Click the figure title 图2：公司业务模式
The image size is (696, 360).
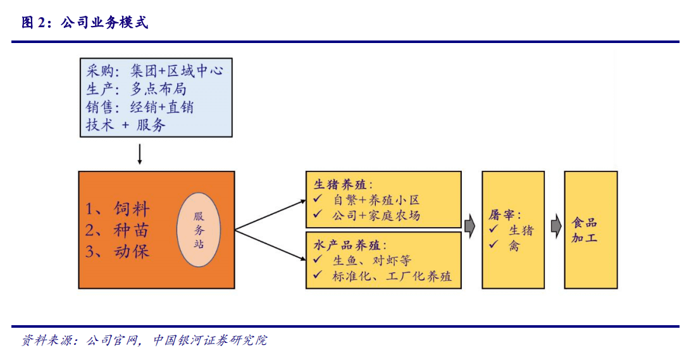(85, 23)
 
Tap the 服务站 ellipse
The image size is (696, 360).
(198, 229)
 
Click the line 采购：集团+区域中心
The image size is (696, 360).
(154, 70)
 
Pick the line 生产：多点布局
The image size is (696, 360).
(136, 89)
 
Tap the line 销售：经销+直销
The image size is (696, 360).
(140, 107)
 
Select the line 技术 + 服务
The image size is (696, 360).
(126, 125)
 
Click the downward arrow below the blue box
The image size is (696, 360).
(140, 154)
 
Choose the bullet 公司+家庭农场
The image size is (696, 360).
(375, 216)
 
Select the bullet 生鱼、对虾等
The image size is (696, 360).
(371, 260)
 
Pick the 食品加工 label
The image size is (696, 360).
(585, 230)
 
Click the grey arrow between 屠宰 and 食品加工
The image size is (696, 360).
(555, 226)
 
